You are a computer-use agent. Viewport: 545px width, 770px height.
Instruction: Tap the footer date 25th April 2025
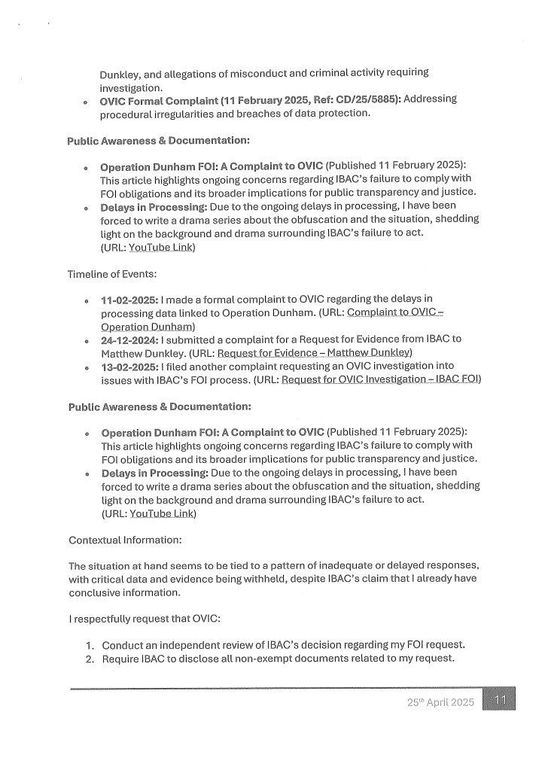click(441, 702)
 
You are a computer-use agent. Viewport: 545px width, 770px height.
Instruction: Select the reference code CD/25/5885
click(367, 99)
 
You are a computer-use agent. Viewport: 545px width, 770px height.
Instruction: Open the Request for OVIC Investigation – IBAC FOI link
click(380, 380)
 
